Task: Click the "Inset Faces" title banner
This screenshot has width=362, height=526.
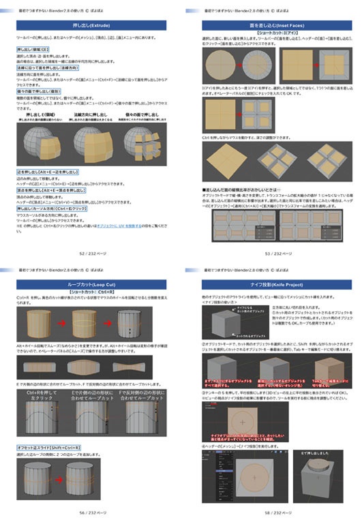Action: pos(271,25)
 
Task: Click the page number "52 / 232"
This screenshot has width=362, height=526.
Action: pos(90,252)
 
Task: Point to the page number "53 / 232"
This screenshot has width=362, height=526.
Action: pos(271,252)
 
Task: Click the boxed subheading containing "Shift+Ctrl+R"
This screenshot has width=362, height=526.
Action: pos(59,446)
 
